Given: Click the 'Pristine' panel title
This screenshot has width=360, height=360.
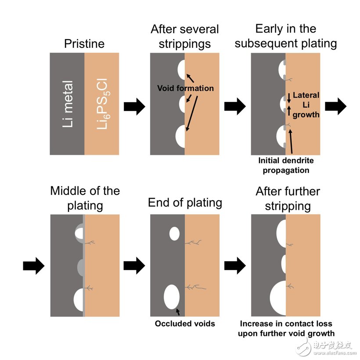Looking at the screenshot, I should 84,43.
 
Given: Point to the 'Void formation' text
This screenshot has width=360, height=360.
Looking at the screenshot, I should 185,88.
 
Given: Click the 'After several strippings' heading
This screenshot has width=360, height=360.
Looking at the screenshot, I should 184,36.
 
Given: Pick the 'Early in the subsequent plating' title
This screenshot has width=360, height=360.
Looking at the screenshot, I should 285,36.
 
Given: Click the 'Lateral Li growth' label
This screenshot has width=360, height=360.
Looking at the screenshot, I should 306,104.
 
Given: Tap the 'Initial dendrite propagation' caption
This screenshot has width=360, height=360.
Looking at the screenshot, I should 286,166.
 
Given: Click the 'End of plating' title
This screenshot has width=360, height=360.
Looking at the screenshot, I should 185,202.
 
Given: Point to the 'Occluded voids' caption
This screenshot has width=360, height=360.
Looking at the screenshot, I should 185,324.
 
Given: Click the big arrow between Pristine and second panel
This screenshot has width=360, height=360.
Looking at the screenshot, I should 134,106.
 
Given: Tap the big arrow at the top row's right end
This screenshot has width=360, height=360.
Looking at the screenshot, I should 335,106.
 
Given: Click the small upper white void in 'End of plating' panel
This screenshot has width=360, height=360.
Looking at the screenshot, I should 174,233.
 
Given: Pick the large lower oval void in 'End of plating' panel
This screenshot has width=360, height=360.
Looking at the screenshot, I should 172,296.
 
